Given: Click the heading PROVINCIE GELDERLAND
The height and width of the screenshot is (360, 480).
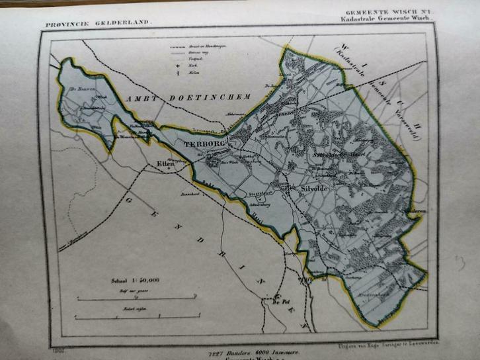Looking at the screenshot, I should [99, 24].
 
